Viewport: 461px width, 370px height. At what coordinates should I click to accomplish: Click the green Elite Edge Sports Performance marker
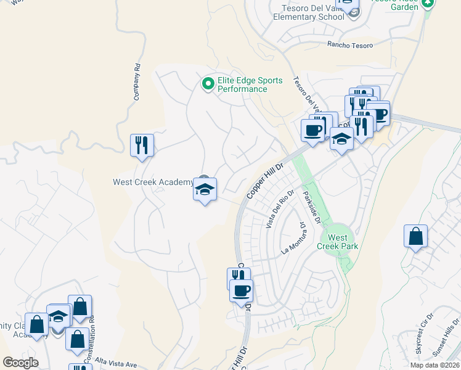coord(208,83)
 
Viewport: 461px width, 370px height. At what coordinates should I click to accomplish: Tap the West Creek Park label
coord(337,242)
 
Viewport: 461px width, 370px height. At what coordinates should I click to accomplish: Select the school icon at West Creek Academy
coord(204,189)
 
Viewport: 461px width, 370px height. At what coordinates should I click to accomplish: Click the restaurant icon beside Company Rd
coord(142,146)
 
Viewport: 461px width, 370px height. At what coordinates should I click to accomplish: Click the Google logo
coord(20,363)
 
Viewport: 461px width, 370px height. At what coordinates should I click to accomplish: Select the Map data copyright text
coord(434,365)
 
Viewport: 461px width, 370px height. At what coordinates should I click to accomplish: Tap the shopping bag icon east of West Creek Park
coord(415,237)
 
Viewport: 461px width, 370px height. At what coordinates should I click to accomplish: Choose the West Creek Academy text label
coord(153,182)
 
